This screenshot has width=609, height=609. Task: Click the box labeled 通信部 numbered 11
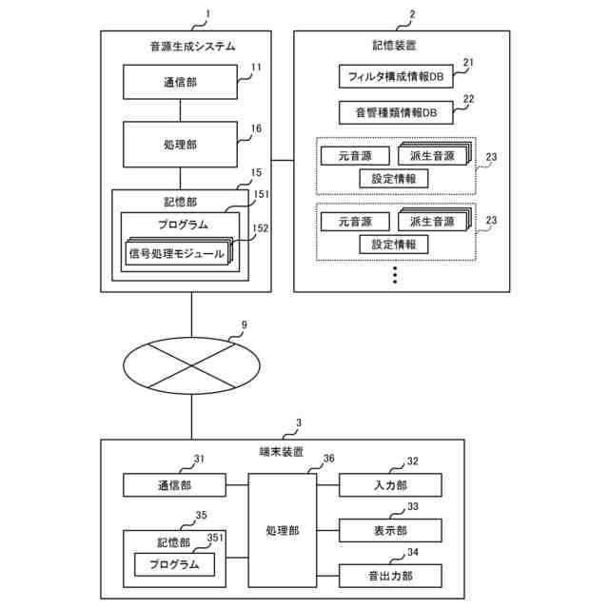[180, 82]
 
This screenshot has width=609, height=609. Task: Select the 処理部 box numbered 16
[180, 145]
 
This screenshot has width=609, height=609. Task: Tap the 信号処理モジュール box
[177, 254]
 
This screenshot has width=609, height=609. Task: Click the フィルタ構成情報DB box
[396, 76]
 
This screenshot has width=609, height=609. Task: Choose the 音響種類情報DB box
[396, 112]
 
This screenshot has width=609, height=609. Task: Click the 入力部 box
[390, 485]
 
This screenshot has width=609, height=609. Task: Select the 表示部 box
[390, 531]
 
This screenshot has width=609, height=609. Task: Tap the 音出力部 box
[390, 576]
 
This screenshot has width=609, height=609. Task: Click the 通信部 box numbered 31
[174, 485]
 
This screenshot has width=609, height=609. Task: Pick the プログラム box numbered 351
[174, 564]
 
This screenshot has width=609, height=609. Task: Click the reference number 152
[260, 228]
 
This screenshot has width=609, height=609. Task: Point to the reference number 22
[469, 99]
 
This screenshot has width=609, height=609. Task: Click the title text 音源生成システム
[193, 47]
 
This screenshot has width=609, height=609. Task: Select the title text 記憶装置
[395, 46]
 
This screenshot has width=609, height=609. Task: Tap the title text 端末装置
[282, 452]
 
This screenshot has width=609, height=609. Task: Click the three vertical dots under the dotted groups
[395, 275]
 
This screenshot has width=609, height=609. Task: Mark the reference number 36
[328, 459]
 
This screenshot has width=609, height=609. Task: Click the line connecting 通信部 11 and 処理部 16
[180, 110]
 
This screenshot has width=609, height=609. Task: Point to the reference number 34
[413, 552]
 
